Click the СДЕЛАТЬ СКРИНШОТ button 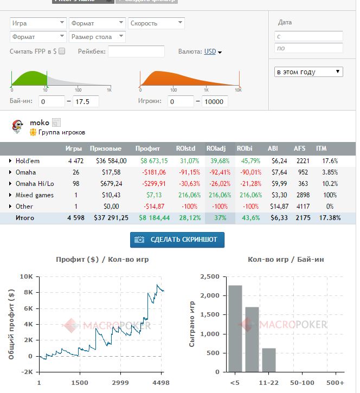[x=177, y=240]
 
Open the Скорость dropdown [x=156, y=23]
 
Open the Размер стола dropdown [x=98, y=37]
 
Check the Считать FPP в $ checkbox [x=62, y=51]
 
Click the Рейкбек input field [x=136, y=51]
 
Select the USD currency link [x=210, y=51]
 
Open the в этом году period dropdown [x=308, y=72]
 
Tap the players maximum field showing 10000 [x=215, y=101]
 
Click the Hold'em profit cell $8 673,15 [x=154, y=161]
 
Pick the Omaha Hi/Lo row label [x=34, y=184]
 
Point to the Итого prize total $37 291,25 [x=108, y=218]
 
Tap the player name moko [x=40, y=123]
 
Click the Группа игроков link [x=61, y=132]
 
